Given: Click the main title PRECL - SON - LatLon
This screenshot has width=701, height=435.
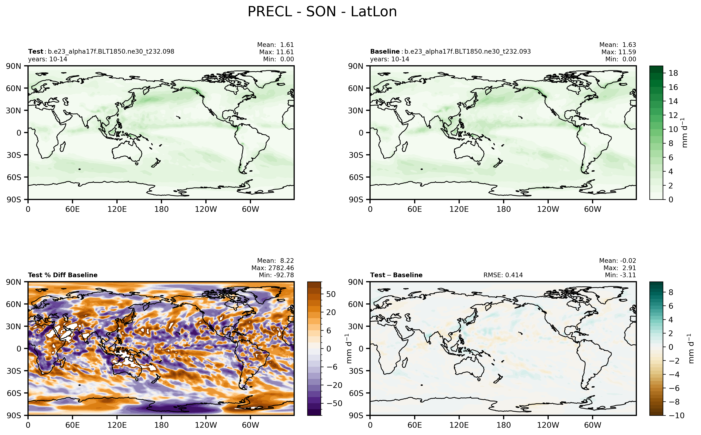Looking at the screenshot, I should click(x=322, y=12).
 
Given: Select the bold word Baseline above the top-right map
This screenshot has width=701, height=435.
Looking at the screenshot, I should click(x=385, y=51).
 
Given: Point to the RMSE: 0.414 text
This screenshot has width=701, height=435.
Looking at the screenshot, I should click(x=503, y=275).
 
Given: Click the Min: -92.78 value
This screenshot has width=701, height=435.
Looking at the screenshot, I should click(x=276, y=275).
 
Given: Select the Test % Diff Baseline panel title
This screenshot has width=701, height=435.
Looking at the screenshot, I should click(x=63, y=275).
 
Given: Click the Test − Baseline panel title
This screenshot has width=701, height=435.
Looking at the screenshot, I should click(x=396, y=275).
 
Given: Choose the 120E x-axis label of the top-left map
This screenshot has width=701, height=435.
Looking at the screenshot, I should click(x=117, y=209).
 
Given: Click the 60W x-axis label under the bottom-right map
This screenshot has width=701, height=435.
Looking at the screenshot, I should click(x=593, y=425).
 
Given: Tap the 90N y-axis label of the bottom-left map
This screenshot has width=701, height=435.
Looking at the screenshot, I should click(x=14, y=282).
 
